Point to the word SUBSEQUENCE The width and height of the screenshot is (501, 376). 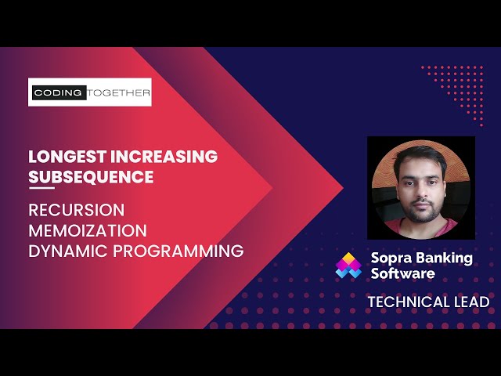[x=91, y=177]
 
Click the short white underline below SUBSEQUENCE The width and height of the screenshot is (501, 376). [x=41, y=189]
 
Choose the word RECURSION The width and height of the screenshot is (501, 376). [x=77, y=211]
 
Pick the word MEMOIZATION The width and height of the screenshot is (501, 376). [x=88, y=231]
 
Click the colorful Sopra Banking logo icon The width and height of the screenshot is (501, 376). [x=348, y=266]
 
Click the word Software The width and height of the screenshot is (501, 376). [x=402, y=274]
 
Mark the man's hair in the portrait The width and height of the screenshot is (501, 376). [x=420, y=157]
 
